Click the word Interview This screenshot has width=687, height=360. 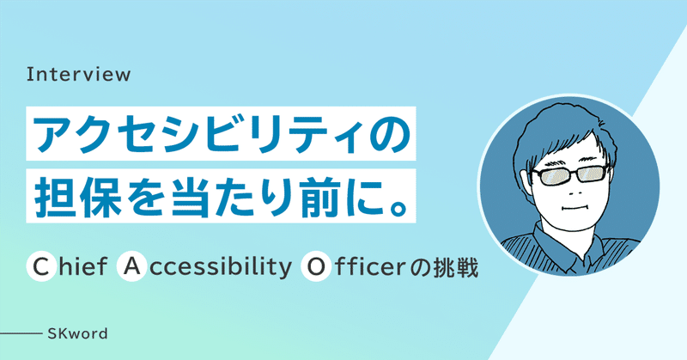coord(79,74)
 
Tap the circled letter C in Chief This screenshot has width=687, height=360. coord(40,266)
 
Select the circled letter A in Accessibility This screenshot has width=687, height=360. coord(131,266)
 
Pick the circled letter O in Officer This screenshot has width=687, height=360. coord(315,266)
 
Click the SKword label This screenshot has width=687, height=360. coord(77,333)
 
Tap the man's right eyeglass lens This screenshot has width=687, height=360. coord(593,173)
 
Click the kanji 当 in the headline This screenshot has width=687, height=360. coord(186,196)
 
